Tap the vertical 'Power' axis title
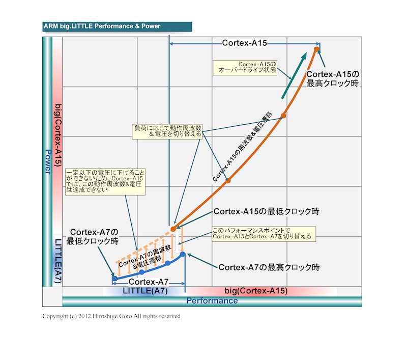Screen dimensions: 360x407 47,162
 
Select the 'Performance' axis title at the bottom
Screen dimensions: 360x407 212,301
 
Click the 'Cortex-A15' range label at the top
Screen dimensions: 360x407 245,43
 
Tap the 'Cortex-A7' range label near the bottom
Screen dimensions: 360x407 149,281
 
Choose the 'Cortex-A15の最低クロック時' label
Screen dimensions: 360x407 270,211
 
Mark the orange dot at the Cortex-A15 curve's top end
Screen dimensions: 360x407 316,49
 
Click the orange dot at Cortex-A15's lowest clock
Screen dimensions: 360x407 173,229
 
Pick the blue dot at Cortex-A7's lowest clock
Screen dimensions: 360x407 115,279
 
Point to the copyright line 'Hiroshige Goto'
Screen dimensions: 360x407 112,316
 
